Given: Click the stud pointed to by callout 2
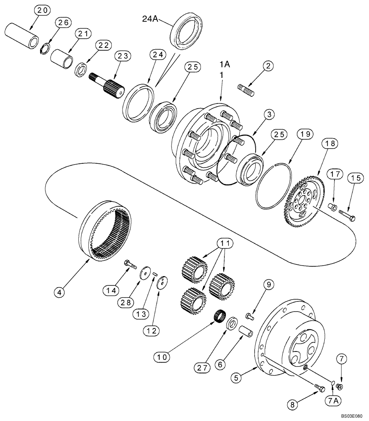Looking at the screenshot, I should pos(246,90).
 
